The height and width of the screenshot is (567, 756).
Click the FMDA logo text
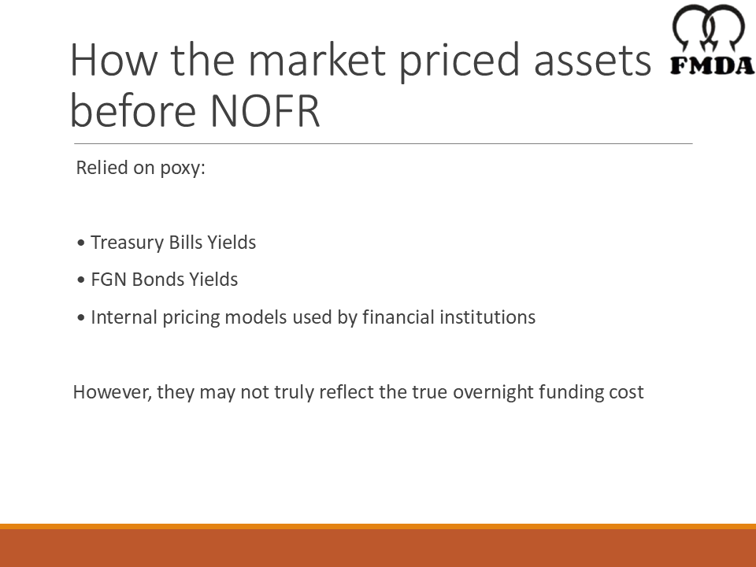712,65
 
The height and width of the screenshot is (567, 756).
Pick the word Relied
100,168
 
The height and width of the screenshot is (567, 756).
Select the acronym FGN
107,280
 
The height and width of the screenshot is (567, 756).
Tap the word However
112,392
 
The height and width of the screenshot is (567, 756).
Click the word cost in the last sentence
626,392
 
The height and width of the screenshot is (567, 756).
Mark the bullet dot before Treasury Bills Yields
81,243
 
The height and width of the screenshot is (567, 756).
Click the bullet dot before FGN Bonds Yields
81,280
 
